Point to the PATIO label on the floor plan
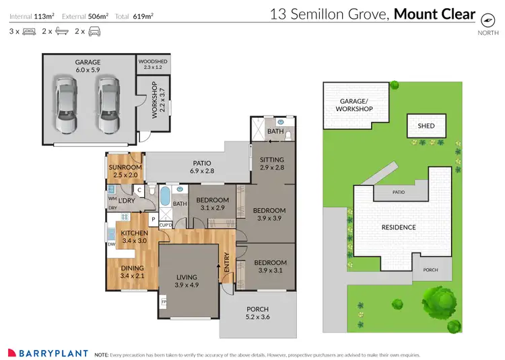click(202, 163)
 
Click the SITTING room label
click(272, 159)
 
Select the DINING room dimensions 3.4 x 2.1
click(132, 275)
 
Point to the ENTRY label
click(227, 263)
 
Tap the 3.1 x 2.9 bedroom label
click(212, 209)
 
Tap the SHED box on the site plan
click(426, 126)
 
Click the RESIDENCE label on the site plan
click(399, 227)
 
